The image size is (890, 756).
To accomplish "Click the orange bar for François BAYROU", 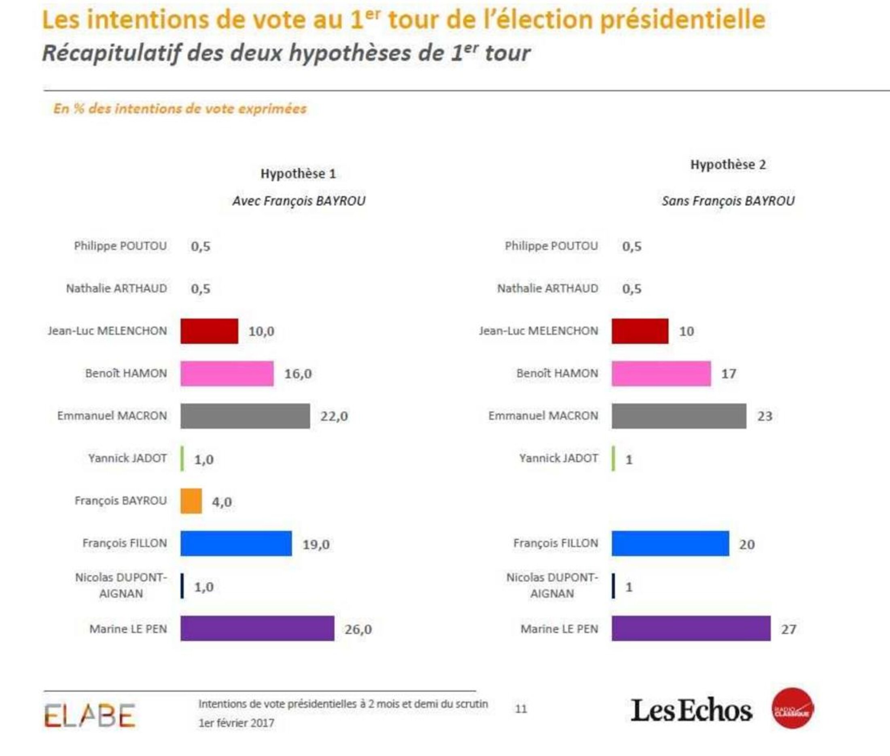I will [191, 500].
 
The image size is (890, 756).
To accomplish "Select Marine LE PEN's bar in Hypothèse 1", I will [257, 628].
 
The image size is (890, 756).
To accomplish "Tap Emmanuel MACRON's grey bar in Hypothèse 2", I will [678, 416].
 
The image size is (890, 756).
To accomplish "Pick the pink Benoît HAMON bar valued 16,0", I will [227, 373].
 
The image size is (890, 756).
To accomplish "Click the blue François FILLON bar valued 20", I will [670, 543].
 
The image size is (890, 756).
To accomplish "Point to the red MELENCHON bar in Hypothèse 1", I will [209, 331].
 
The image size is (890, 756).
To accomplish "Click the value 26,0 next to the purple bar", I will [358, 629].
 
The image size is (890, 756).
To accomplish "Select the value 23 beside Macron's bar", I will [765, 416].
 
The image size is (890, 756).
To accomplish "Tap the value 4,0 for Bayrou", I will [222, 502].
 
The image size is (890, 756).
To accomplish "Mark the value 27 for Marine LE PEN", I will [788, 629].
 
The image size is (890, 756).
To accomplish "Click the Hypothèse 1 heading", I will [298, 173].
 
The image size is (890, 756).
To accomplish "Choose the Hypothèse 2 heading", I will [728, 165].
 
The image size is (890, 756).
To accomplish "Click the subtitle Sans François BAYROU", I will [728, 201].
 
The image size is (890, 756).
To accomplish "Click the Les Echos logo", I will [691, 711].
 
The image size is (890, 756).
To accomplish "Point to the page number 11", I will [521, 709].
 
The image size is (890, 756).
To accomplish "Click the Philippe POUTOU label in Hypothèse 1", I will [120, 246].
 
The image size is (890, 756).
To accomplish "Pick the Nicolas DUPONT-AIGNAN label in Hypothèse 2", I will [552, 585].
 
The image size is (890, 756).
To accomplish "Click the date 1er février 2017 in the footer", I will [236, 723].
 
